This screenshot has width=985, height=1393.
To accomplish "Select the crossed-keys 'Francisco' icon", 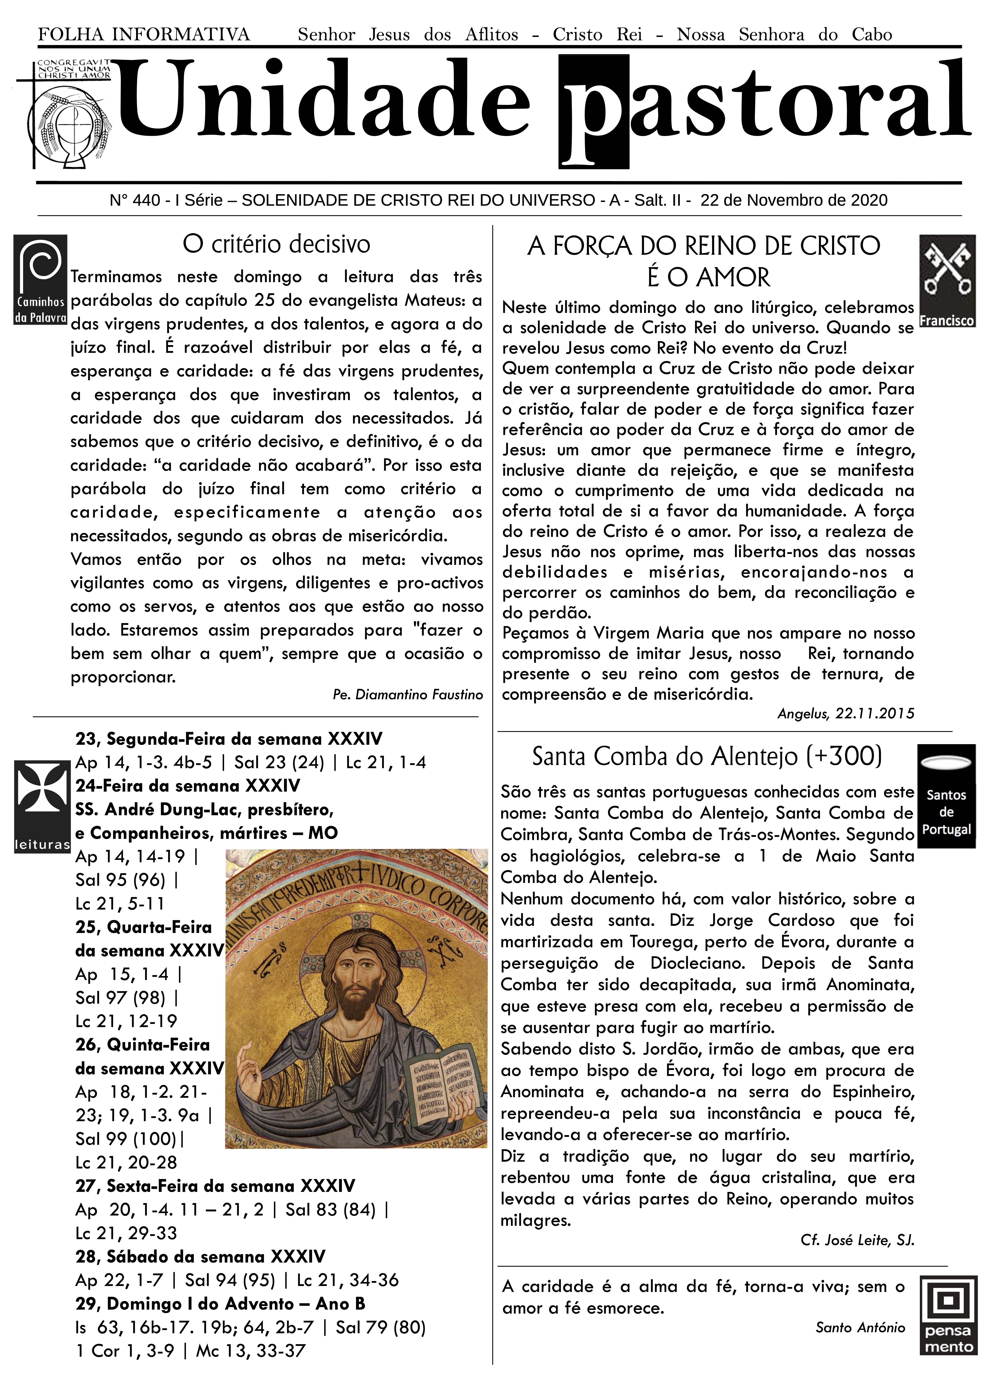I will pos(947,281).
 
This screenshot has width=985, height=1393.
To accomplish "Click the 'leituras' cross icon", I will pos(42,806).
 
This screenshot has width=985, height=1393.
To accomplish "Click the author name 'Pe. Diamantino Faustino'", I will pos(407,695).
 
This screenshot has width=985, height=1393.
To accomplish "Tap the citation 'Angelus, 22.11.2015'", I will pos(845,714).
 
